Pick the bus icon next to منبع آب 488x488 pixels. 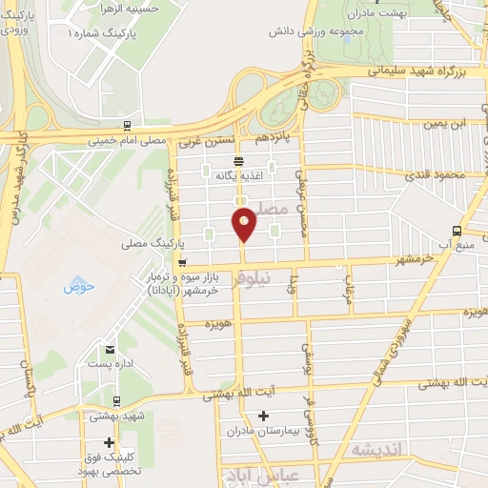tap(457, 230)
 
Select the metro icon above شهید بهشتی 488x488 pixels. tap(115, 401)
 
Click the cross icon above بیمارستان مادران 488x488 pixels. tap(264, 416)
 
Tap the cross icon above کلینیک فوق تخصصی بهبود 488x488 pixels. tap(110, 442)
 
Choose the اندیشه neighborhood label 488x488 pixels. tap(379, 449)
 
